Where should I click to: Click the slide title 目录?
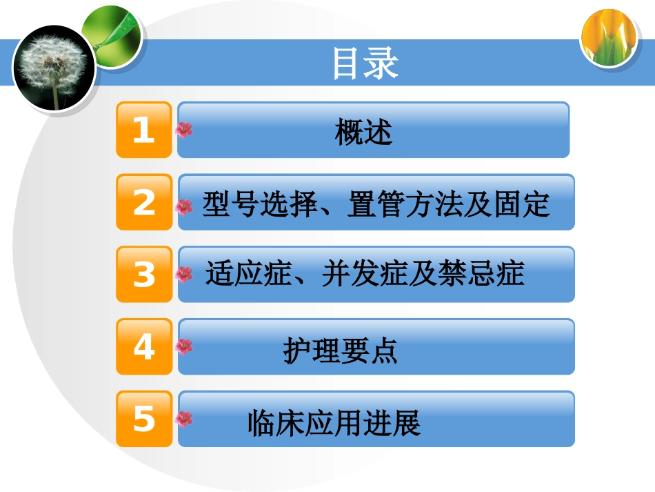coord(365,63)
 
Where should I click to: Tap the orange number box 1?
coord(143,130)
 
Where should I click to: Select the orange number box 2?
coord(143,202)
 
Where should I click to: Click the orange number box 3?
coord(143,275)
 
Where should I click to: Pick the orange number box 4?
coord(143,346)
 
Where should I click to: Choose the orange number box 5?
coord(143,419)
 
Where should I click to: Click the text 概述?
coord(363,131)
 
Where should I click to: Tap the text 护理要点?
coord(341,351)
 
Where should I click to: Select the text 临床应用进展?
coord(334,422)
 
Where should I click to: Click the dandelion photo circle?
coord(54,68)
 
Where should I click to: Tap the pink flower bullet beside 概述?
coord(184,129)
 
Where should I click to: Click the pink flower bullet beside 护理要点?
coord(184,346)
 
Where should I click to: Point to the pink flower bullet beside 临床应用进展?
coord(184,419)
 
